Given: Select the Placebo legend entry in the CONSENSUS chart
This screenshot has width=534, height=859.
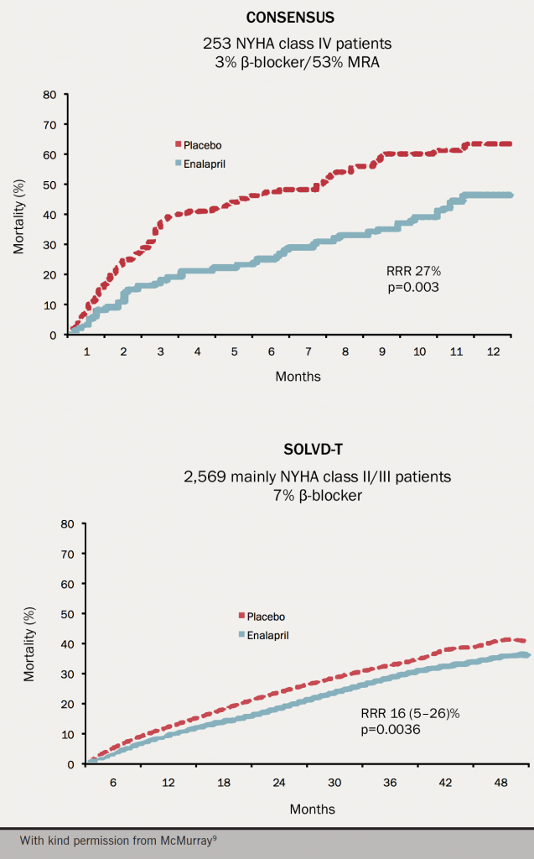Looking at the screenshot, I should click(202, 145).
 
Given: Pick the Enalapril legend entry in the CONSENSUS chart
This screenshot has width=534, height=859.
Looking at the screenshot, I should click(205, 164).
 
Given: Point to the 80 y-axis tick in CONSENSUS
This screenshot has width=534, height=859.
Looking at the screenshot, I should click(49, 94).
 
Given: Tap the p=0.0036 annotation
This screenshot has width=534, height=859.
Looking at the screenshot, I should click(390, 731).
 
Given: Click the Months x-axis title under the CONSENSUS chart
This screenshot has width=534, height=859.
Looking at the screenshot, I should click(298, 377).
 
